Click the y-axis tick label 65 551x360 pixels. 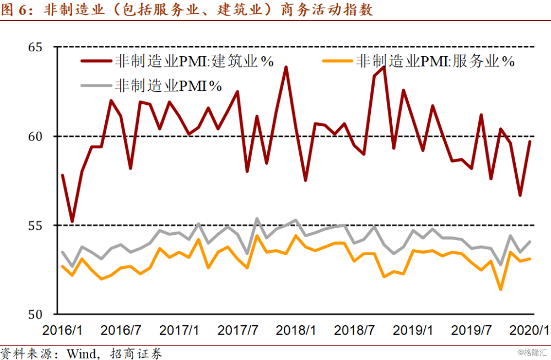(x=36, y=47)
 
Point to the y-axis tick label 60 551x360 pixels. (x=36, y=136)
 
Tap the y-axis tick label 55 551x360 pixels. (x=36, y=225)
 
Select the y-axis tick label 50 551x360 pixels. (x=36, y=315)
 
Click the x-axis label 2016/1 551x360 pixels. (x=62, y=331)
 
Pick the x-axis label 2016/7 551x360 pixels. (x=120, y=331)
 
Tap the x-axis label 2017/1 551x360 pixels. (x=179, y=331)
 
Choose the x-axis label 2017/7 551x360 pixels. (x=237, y=331)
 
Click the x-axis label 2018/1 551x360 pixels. (x=296, y=331)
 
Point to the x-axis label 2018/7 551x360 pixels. (x=354, y=331)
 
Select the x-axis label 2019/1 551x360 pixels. (x=413, y=331)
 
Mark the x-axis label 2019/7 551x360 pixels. (x=471, y=331)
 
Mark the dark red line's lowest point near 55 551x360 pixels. (x=72, y=222)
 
